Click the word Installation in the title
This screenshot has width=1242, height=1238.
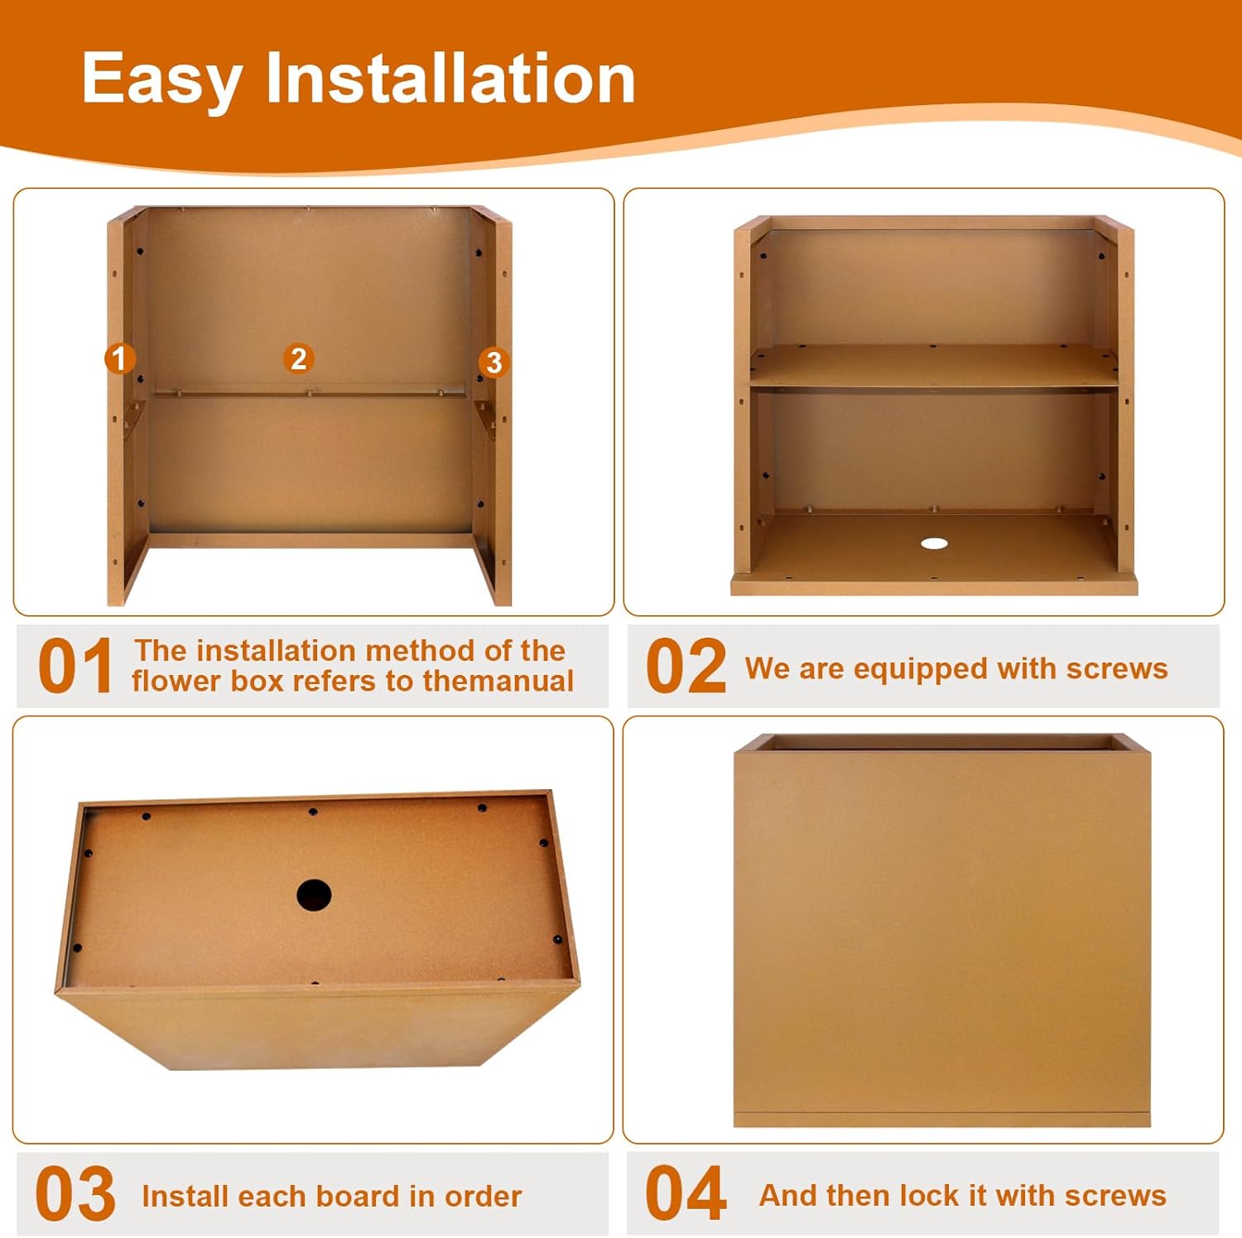[x=450, y=78]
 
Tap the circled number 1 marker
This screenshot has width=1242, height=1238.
[x=119, y=359]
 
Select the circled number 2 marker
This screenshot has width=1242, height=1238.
[x=298, y=359]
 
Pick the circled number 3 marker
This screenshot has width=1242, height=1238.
[x=493, y=362]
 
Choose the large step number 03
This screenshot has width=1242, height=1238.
[x=75, y=1193]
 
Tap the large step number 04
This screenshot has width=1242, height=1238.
[x=686, y=1193]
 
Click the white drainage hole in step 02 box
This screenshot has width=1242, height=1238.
[x=934, y=543]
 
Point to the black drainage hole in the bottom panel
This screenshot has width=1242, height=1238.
[x=314, y=895]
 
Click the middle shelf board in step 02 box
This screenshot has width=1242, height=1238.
[x=934, y=365]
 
